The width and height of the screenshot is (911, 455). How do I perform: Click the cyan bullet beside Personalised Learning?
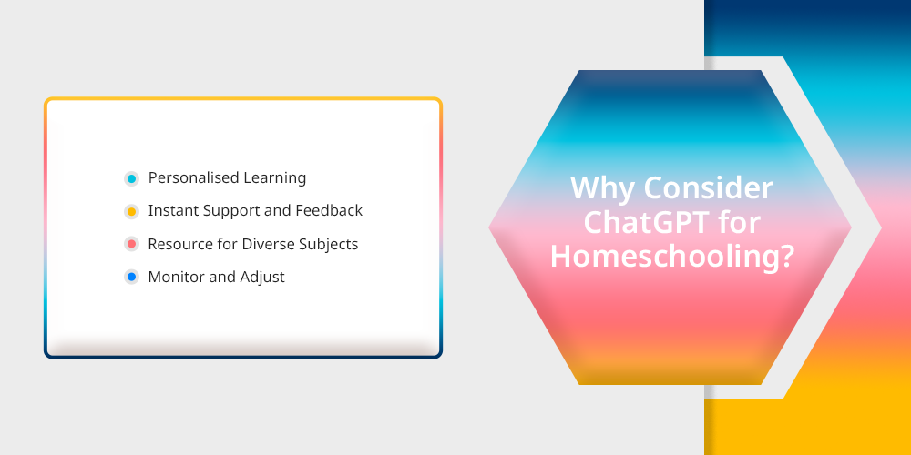131,178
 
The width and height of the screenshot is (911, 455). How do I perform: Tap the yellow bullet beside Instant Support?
131,212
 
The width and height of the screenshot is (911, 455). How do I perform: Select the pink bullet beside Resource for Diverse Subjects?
131,244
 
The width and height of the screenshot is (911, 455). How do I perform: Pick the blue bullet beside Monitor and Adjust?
131,278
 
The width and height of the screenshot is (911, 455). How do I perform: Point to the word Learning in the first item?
275,178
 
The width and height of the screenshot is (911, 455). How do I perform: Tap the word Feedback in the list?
329,210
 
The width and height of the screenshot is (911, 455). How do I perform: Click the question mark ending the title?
786,256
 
